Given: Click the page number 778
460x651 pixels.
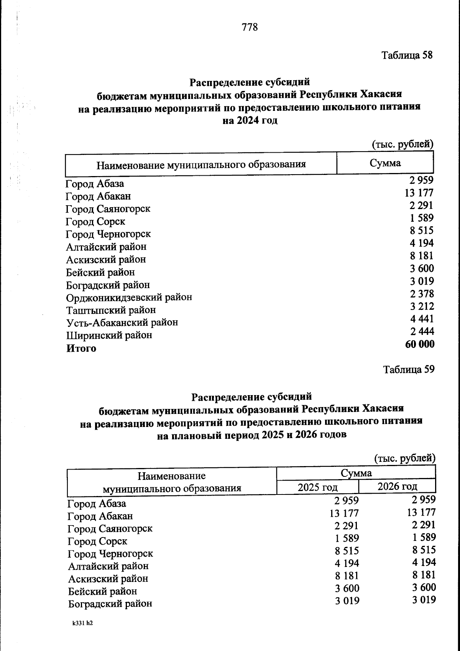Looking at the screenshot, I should [250, 27].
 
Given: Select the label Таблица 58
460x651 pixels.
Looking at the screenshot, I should [407, 55].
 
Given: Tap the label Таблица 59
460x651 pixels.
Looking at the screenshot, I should [409, 369].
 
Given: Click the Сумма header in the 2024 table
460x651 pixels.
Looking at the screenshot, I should [385, 163].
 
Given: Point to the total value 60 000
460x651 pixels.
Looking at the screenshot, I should [420, 344].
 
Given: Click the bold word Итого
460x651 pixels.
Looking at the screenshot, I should [81, 348].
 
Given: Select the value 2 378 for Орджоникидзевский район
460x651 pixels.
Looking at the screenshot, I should [422, 294].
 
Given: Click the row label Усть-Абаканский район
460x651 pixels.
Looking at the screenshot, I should [122, 323].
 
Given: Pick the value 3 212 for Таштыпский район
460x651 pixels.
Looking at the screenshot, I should [422, 307].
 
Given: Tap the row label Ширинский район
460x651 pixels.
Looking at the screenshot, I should [109, 335].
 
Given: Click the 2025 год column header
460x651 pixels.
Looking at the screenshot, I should [317, 487].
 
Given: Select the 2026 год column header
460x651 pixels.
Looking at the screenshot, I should [397, 486].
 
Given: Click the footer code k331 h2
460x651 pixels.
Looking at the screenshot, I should [82, 623].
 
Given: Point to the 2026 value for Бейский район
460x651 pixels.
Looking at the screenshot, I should [424, 588].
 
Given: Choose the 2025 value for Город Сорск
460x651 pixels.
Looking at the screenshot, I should [347, 538].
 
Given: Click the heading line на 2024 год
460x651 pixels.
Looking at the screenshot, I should [250, 120].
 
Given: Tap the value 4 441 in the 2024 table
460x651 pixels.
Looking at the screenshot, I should [422, 319].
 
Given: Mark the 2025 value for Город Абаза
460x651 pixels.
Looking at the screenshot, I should [346, 501].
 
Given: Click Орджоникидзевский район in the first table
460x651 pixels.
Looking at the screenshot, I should [129, 298].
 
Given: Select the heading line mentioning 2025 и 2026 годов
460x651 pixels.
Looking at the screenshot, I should [251, 435].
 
